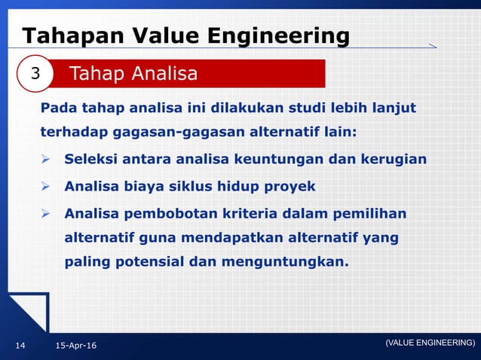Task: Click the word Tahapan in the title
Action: pyautogui.click(x=64, y=36)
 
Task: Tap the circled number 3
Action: pyautogui.click(x=35, y=74)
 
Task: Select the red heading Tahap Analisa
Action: pyautogui.click(x=133, y=74)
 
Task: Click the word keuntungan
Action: pyautogui.click(x=295, y=160)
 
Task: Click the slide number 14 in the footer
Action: pyautogui.click(x=20, y=345)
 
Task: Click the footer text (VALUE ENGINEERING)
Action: pyautogui.click(x=430, y=343)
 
